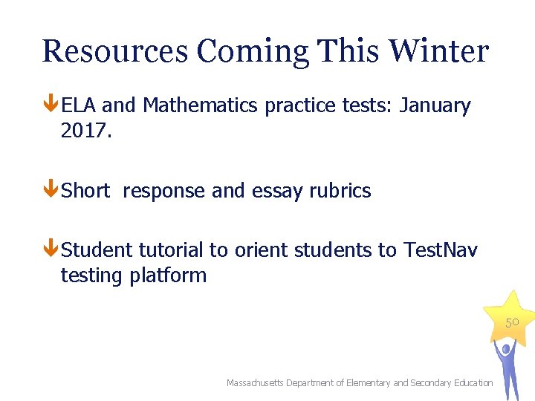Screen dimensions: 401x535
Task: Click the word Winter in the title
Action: click(x=438, y=51)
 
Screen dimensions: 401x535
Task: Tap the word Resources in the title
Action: click(x=115, y=51)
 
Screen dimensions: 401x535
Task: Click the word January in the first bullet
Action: click(x=435, y=106)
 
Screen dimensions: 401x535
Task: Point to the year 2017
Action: click(x=84, y=131)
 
